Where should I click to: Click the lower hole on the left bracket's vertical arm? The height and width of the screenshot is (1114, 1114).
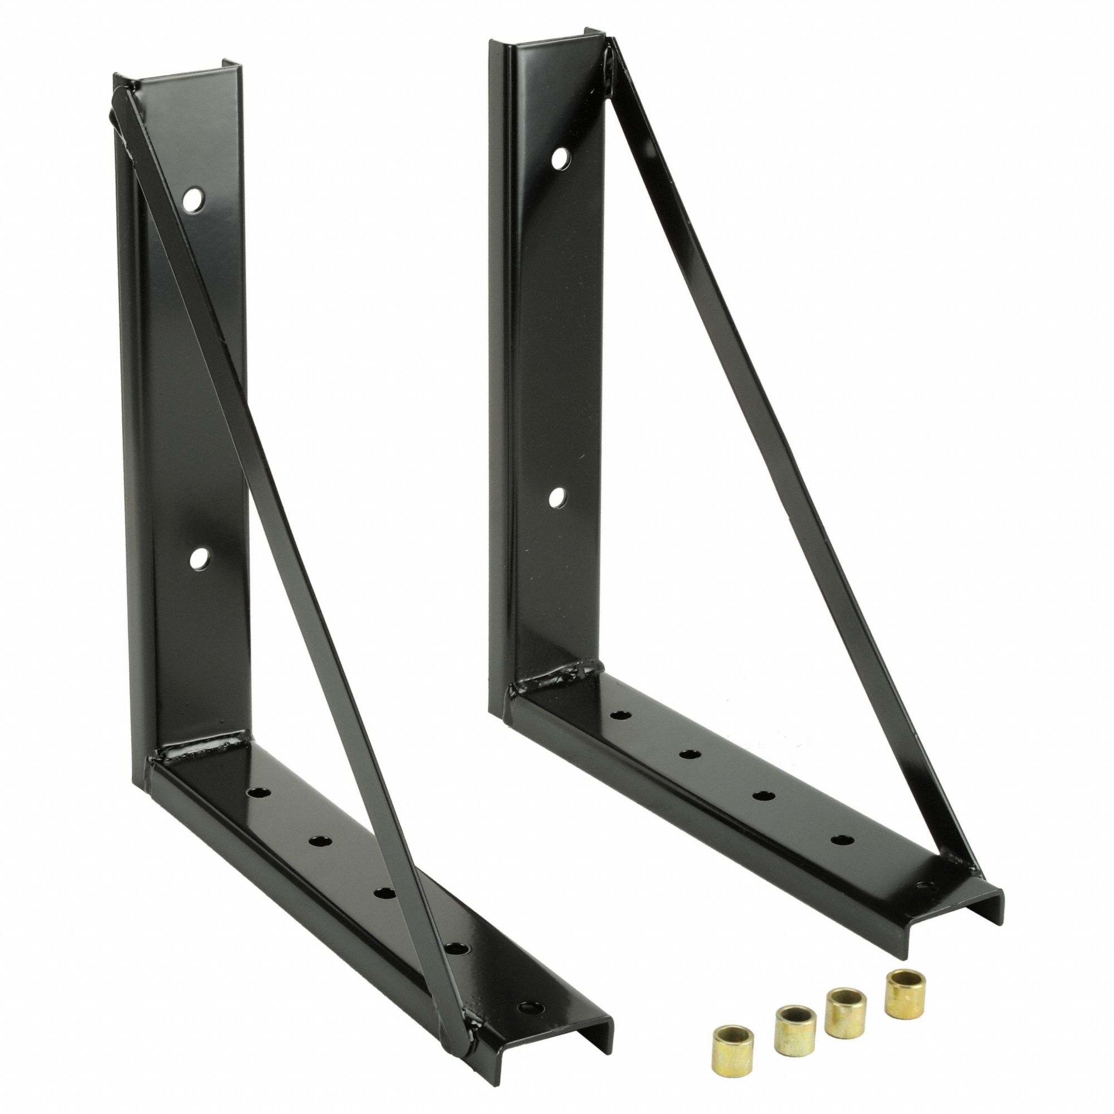200,557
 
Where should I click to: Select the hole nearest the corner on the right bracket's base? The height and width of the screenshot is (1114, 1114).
620,716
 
